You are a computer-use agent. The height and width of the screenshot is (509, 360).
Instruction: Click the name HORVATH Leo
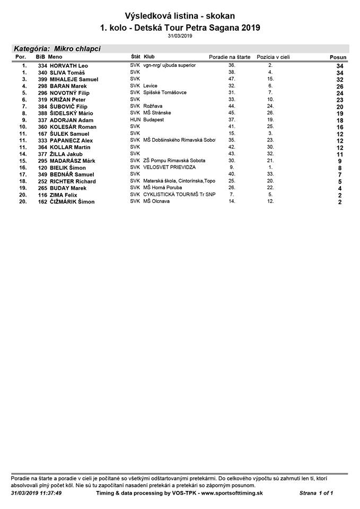68,66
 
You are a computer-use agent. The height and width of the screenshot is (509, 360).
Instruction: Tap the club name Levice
150,86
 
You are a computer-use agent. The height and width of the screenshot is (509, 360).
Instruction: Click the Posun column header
338,57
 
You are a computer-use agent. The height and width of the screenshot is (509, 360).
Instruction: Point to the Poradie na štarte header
230,56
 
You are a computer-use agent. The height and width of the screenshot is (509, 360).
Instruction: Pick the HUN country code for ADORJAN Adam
135,120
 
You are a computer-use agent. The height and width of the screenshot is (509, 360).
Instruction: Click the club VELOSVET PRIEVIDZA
169,167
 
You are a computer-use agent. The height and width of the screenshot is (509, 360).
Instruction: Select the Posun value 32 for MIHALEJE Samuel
340,80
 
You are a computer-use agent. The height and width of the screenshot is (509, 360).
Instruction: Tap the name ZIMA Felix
63,195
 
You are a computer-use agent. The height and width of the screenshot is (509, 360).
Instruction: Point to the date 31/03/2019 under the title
180,36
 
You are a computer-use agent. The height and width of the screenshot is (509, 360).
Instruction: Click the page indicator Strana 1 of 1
316,493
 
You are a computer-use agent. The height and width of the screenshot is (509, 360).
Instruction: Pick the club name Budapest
154,120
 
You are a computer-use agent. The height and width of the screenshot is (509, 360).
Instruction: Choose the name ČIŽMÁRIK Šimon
72,202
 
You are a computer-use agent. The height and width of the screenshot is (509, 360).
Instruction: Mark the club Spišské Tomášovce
165,92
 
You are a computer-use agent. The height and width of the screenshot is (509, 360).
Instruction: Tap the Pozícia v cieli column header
274,56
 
